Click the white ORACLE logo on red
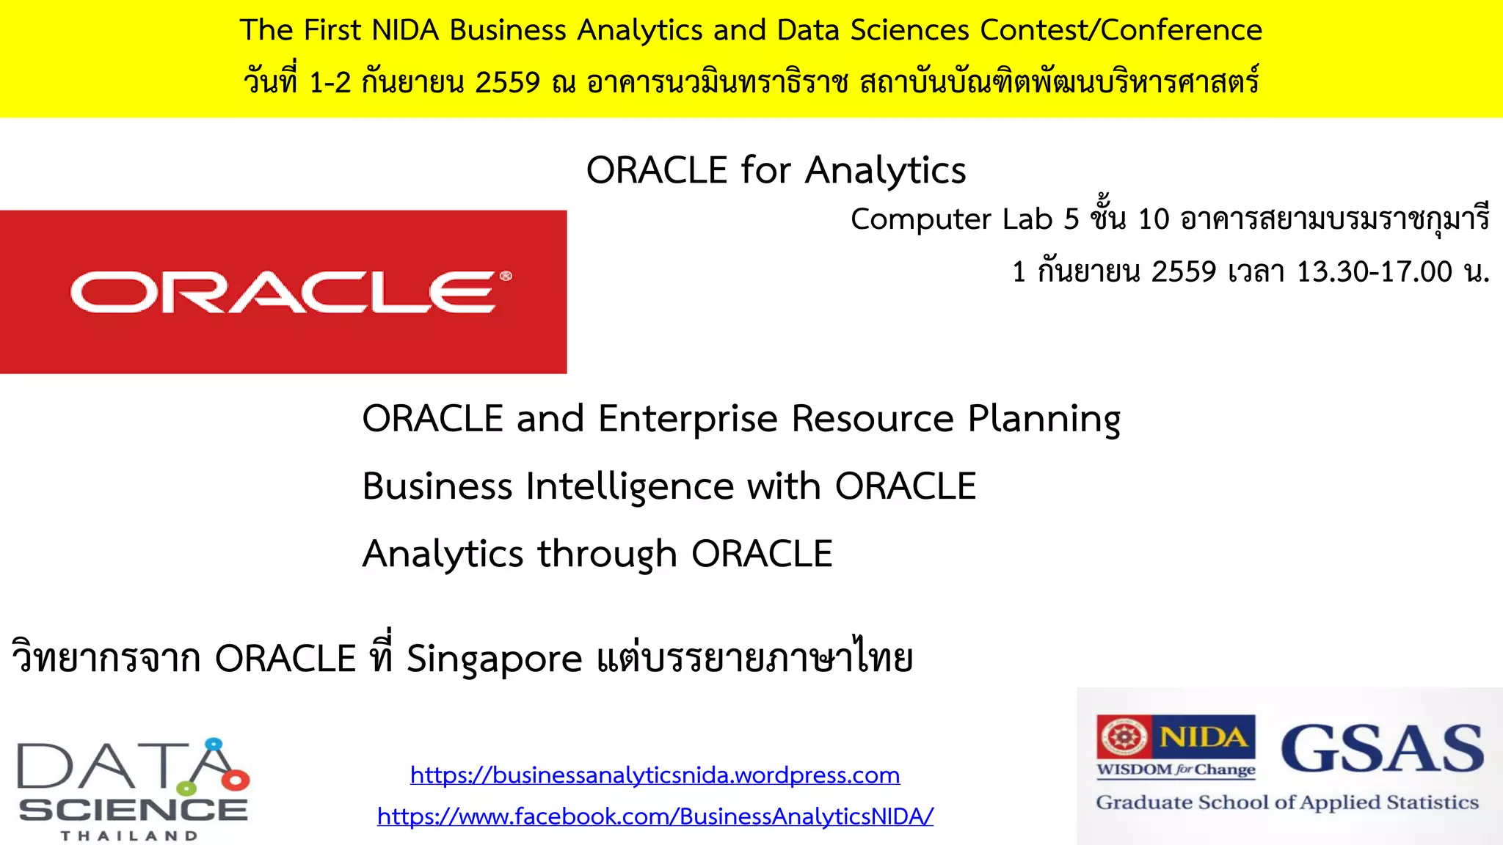click(283, 292)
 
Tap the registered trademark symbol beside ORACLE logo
click(506, 277)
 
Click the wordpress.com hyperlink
click(655, 775)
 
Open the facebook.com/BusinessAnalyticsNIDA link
click(655, 816)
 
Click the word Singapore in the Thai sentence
click(494, 659)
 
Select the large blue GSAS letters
click(1382, 748)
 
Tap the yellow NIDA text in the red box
click(1204, 736)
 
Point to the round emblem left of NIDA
click(1122, 736)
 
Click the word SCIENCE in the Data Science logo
click(133, 810)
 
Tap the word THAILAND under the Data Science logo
click(129, 835)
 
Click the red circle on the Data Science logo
click(236, 780)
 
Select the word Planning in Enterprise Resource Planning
click(1044, 420)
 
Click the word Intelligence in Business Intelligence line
click(630, 487)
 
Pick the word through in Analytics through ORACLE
click(607, 555)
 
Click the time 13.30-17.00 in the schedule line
click(1374, 272)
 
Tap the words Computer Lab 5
click(964, 219)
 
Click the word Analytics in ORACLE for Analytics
click(885, 171)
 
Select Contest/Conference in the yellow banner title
click(1121, 30)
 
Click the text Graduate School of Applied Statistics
click(1287, 802)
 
